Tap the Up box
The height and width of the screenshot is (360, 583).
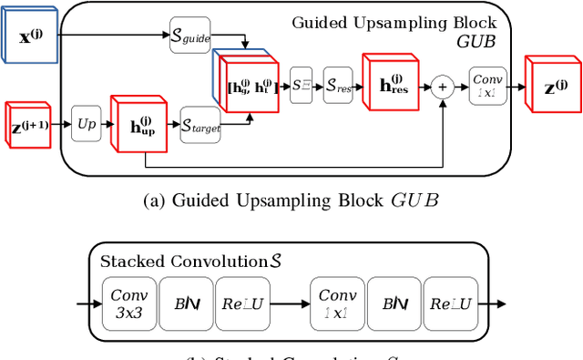point(87,122)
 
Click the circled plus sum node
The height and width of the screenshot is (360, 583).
point(443,87)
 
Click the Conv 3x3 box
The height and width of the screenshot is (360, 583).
point(129,303)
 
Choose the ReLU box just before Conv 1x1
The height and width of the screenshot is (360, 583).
point(245,303)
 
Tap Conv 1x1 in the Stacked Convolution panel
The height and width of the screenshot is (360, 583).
point(337,303)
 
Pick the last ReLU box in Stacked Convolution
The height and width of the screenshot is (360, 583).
point(453,303)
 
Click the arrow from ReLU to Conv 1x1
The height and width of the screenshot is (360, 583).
point(291,303)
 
